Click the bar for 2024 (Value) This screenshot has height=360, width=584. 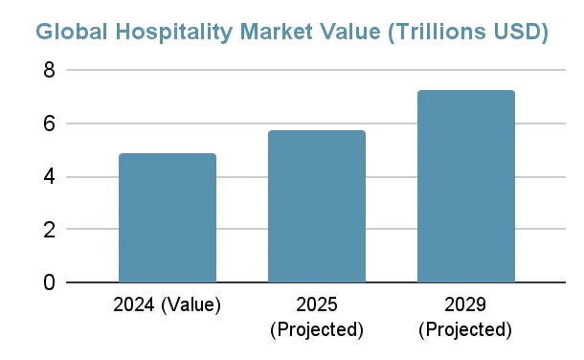tap(168, 218)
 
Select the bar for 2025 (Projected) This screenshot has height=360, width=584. tap(317, 207)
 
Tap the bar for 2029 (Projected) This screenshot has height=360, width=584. tap(466, 187)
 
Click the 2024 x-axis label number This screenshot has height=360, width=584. tap(135, 306)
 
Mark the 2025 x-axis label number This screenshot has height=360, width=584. tap(317, 306)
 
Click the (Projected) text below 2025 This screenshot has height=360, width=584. tap(317, 329)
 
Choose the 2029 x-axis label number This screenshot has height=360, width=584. tap(466, 306)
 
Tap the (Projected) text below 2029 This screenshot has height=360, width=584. tap(466, 329)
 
